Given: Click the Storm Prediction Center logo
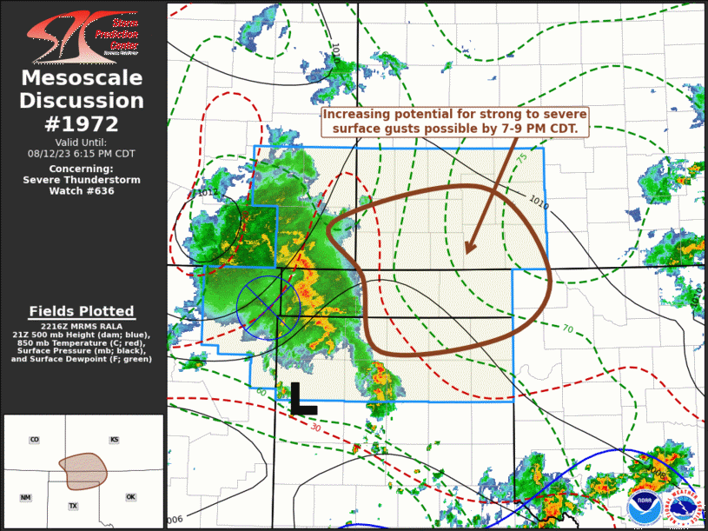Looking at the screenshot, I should coord(82,36).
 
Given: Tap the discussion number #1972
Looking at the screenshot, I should coord(82,123).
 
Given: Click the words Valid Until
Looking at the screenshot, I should coord(82,142).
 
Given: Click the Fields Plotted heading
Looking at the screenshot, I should coord(82,311).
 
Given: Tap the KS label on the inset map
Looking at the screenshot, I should coord(114,440).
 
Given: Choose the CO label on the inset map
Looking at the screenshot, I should coord(35,440).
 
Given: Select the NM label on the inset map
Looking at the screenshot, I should coord(26,497).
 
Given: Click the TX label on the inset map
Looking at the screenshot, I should coord(73,505).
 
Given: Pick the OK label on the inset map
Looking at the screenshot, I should coord(130,497).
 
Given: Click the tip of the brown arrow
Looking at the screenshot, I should coord(467,253).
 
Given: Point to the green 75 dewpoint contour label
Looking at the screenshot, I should coord(521,160).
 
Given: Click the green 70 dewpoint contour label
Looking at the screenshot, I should coord(566,329).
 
